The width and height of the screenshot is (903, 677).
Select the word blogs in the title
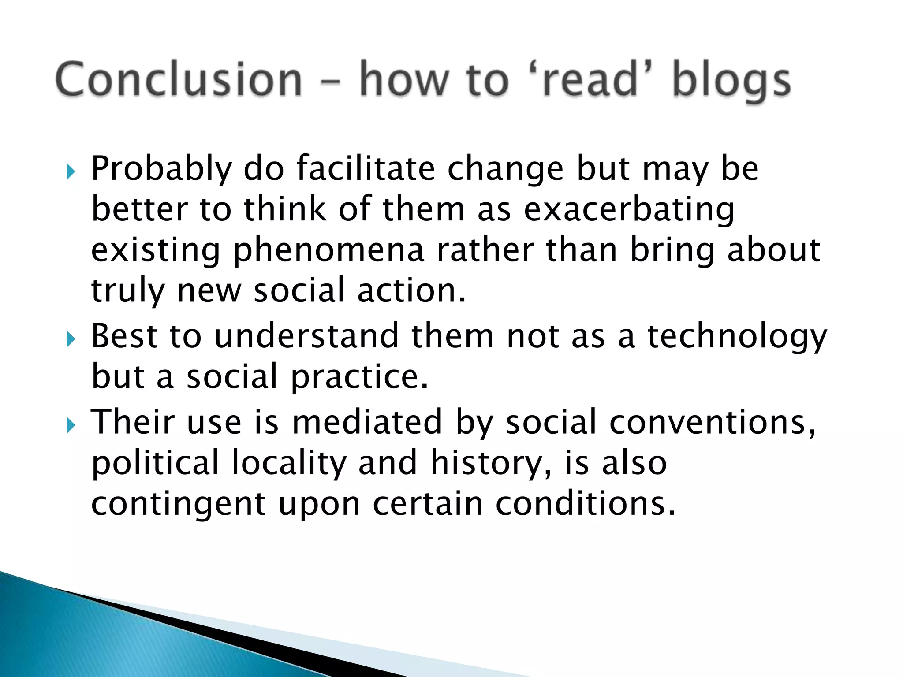click(x=731, y=82)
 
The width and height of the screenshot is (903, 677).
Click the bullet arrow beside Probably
click(x=71, y=171)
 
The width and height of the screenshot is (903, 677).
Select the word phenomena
click(x=328, y=251)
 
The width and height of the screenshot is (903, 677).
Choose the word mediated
click(x=367, y=422)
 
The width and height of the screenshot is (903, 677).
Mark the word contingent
click(x=178, y=505)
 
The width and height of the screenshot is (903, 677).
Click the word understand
click(x=306, y=336)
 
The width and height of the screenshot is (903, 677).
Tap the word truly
click(x=127, y=292)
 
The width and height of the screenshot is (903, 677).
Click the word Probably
click(x=161, y=169)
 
